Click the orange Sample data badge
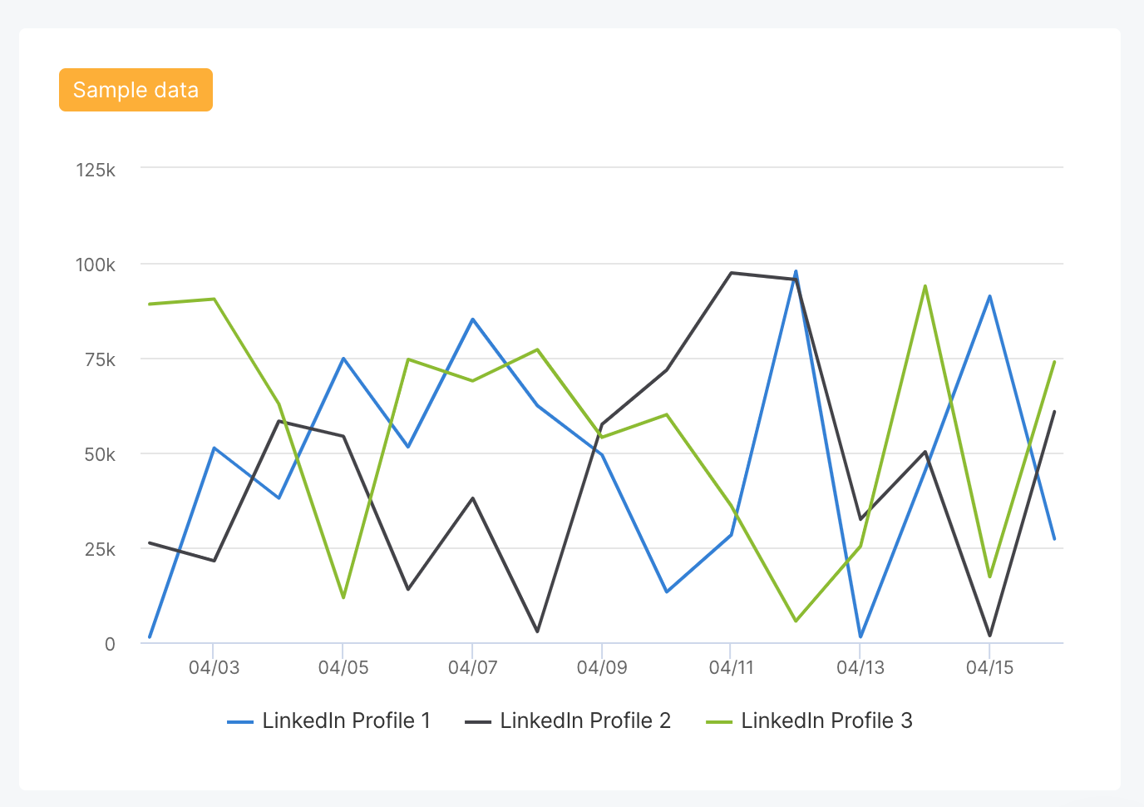[x=136, y=90]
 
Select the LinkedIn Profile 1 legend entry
[x=330, y=720]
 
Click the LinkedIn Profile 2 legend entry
[x=569, y=720]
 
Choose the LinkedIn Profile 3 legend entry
[x=810, y=720]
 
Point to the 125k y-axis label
[x=96, y=171]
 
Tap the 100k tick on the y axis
[x=96, y=265]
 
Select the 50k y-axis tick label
[x=100, y=455]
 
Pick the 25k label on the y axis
[x=100, y=550]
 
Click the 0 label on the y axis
[x=110, y=645]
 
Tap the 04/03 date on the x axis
[x=214, y=668]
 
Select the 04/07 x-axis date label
[x=472, y=668]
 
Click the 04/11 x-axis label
[x=731, y=668]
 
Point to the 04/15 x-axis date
[x=989, y=668]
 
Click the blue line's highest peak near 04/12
[x=796, y=271]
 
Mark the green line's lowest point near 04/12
[x=796, y=621]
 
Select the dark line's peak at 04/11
[x=731, y=273]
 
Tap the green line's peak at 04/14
[x=925, y=286]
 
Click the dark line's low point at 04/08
[x=537, y=631]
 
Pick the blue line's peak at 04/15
[x=989, y=296]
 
